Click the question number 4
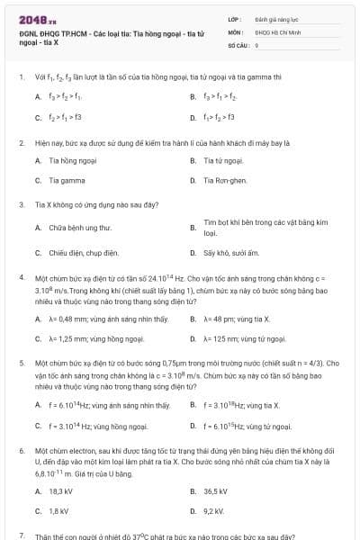21,278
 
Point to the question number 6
21,447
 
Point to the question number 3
21,204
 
